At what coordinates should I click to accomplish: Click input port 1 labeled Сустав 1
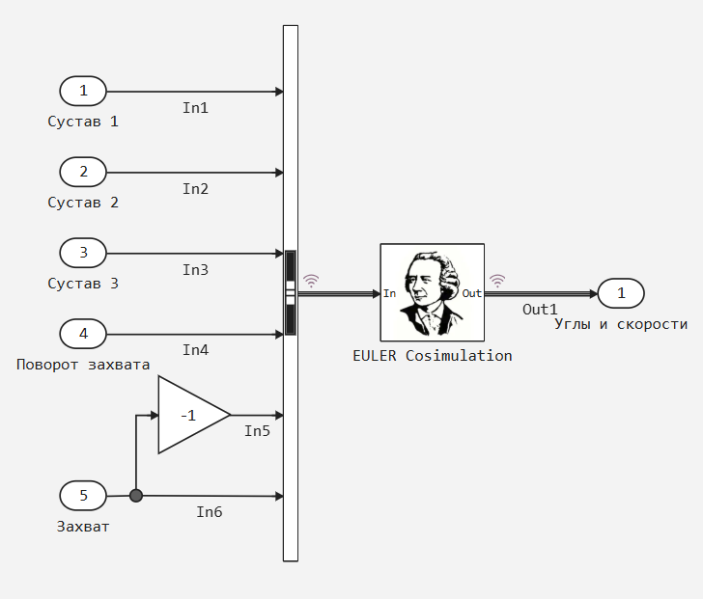click(83, 91)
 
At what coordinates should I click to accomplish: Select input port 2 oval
click(83, 172)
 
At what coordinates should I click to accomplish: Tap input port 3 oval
click(83, 253)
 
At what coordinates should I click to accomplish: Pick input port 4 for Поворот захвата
click(83, 334)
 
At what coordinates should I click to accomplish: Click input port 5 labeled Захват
click(83, 496)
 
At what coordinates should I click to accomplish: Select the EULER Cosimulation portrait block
click(433, 292)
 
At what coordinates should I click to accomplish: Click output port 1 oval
click(621, 293)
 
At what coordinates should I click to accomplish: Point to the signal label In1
click(195, 108)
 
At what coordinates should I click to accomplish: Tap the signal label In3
click(195, 270)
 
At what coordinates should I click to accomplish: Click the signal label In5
click(257, 431)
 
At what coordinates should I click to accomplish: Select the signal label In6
click(210, 512)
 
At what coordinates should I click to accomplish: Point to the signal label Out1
click(540, 310)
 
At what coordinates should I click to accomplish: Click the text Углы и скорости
click(621, 324)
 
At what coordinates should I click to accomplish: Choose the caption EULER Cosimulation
click(433, 356)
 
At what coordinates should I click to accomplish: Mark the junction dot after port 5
click(136, 496)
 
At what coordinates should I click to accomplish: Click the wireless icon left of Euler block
click(311, 281)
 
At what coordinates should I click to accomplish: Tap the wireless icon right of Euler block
click(497, 281)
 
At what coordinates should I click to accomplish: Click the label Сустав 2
click(83, 203)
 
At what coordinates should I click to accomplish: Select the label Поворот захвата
click(83, 365)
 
